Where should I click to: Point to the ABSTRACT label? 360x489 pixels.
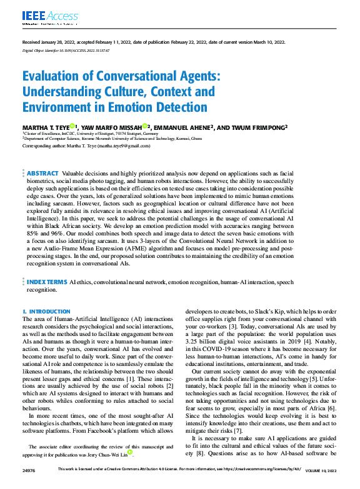point(42,172)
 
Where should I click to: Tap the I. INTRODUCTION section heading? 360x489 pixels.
point(46,311)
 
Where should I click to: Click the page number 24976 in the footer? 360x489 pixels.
point(29,485)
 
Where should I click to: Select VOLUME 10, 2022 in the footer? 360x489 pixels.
point(321,485)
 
